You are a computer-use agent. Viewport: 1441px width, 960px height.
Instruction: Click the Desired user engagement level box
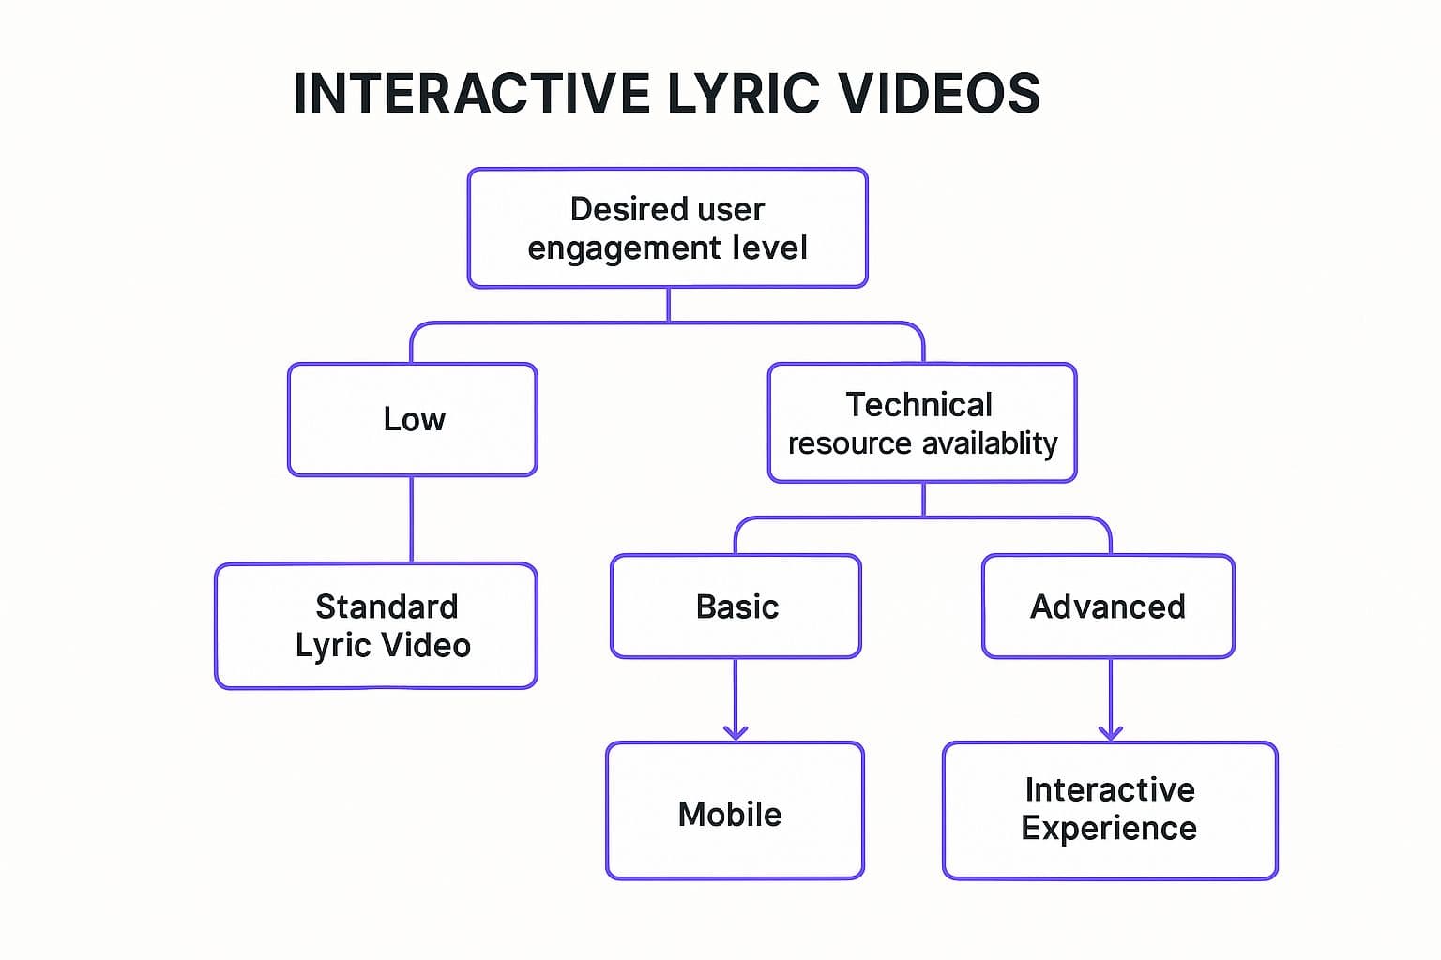coord(667,228)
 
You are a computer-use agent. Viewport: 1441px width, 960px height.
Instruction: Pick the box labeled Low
coord(413,419)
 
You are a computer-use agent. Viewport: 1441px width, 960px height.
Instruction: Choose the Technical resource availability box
coord(922,423)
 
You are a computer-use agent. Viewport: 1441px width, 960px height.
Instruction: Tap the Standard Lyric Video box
coord(376,626)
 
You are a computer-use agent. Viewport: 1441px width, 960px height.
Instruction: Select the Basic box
coord(736,607)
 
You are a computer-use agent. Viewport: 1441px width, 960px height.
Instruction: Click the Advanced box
coord(1108,607)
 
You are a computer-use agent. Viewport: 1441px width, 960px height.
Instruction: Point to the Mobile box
coord(735,811)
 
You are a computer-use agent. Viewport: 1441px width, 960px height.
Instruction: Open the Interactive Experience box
coord(1110,811)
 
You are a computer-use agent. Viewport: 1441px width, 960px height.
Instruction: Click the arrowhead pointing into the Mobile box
coord(736,731)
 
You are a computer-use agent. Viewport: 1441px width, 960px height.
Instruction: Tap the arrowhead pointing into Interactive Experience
coord(1111,731)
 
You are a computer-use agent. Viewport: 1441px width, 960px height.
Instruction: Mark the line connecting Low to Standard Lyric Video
coord(412,519)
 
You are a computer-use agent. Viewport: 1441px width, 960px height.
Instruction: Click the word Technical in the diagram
coord(918,404)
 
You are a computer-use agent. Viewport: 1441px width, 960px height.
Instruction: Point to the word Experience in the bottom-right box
coord(1109,829)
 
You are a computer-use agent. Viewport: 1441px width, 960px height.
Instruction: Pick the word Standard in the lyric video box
coord(387,607)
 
